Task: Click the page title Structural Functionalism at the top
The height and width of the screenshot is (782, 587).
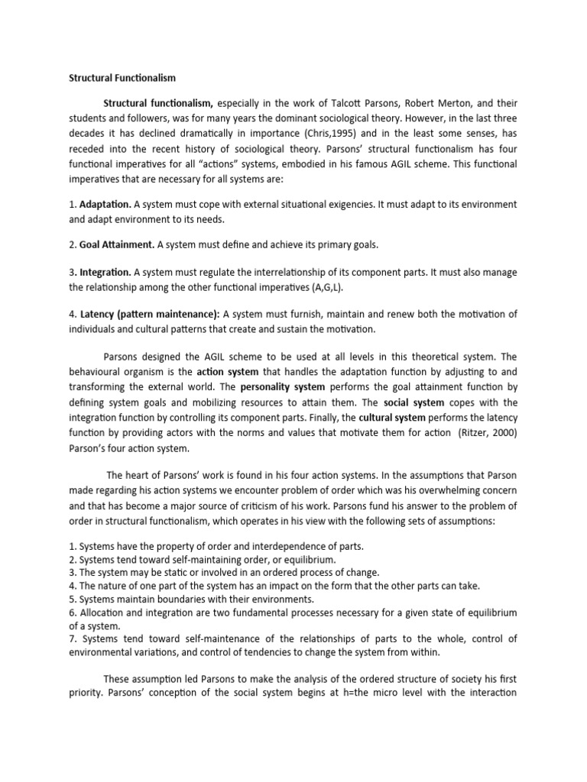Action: [x=123, y=78]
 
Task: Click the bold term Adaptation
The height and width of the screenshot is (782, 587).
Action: [x=105, y=205]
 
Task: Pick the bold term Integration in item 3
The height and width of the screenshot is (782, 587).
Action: [x=105, y=272]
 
